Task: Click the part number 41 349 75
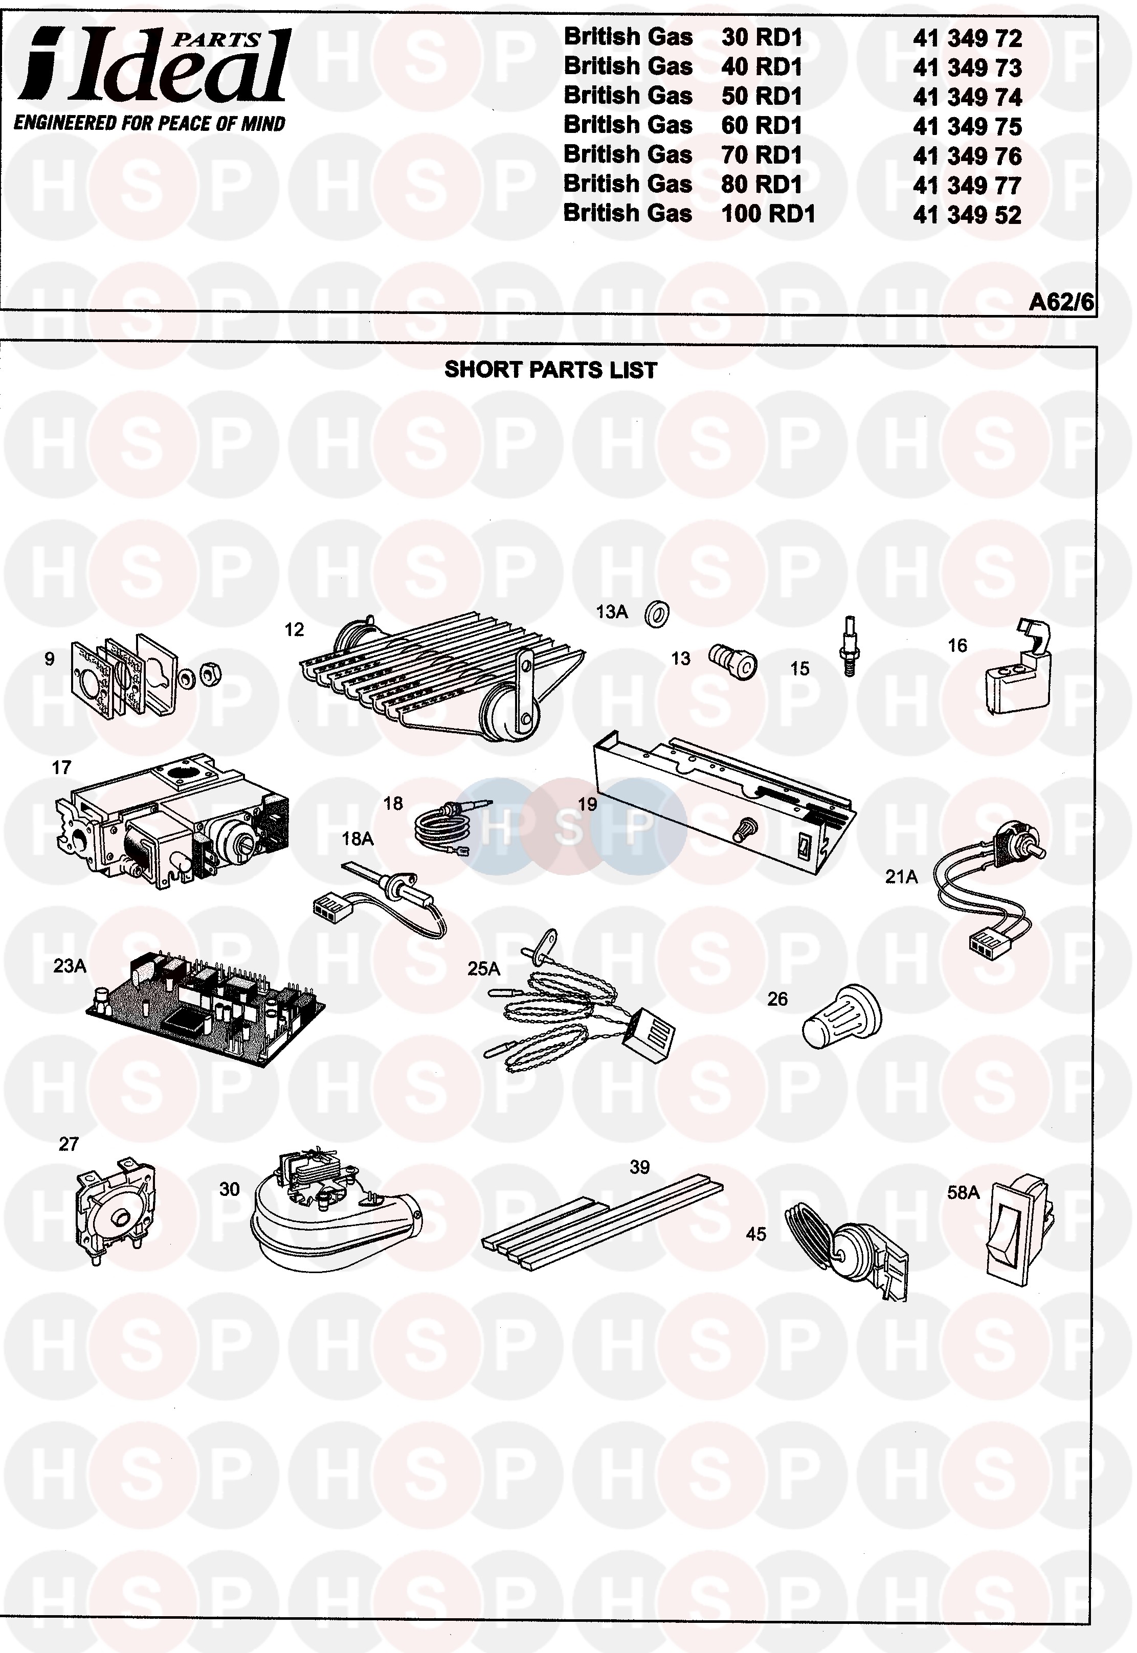pos(967,127)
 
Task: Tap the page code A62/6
pos(1061,302)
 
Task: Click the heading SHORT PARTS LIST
pos(550,370)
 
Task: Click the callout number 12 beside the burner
pos(294,629)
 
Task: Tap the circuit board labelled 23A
pos(207,1011)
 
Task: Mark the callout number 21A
pos(901,877)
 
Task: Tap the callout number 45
pos(756,1234)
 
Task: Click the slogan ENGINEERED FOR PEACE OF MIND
pos(149,123)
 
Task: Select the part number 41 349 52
pos(967,215)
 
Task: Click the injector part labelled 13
pos(733,662)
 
